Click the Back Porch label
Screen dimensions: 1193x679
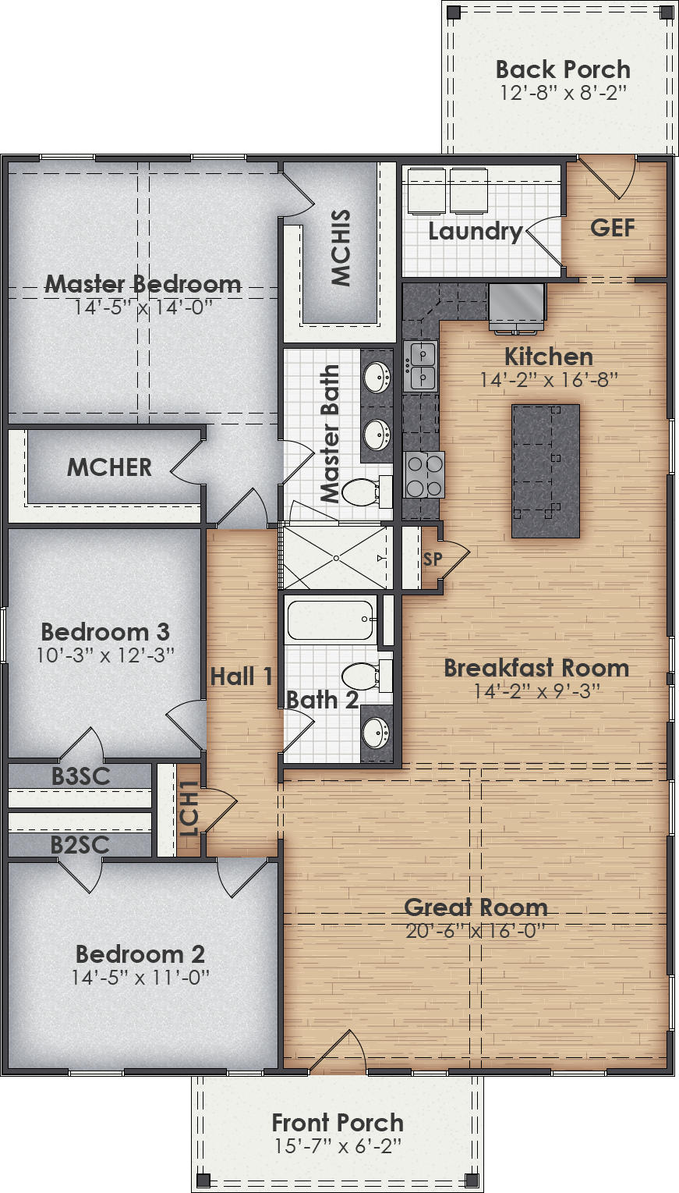click(563, 69)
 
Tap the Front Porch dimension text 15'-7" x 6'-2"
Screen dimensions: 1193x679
click(338, 1146)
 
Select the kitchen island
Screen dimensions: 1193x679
click(546, 470)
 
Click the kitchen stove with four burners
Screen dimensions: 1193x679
click(424, 474)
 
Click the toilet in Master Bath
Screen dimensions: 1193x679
click(363, 492)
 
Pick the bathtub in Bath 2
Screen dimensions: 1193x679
click(330, 619)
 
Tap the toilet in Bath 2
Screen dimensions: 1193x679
click(364, 676)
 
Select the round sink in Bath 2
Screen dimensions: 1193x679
click(377, 732)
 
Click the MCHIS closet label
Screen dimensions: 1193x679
click(341, 247)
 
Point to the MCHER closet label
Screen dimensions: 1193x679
click(109, 467)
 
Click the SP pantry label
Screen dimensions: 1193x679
click(433, 559)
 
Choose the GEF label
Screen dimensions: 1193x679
click(612, 228)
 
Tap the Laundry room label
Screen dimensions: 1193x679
click(475, 231)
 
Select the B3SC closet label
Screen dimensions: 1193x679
click(80, 776)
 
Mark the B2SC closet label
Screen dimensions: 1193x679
click(80, 845)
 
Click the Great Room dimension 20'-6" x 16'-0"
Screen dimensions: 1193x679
click(475, 931)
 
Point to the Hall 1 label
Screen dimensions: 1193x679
click(242, 676)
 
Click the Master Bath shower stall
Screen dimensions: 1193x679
click(335, 557)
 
